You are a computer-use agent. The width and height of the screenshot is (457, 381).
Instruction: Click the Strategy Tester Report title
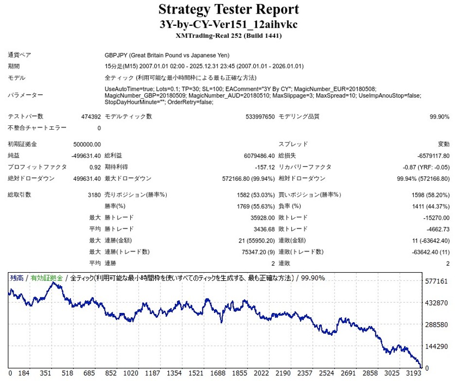(228, 9)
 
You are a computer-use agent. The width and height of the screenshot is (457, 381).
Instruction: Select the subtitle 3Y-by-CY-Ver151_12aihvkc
(228, 24)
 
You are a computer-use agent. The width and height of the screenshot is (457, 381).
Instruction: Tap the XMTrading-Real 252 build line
(228, 35)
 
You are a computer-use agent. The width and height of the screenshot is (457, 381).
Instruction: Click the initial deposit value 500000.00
(87, 144)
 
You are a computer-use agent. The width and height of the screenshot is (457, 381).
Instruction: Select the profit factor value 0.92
(95, 167)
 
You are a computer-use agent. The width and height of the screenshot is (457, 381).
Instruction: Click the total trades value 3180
(93, 195)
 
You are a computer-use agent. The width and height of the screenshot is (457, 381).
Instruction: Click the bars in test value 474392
(91, 117)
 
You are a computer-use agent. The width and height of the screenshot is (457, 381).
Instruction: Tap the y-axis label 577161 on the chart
(436, 281)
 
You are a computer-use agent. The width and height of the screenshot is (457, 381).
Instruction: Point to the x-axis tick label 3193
(412, 373)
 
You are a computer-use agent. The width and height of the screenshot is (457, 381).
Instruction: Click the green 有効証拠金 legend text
(47, 278)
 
